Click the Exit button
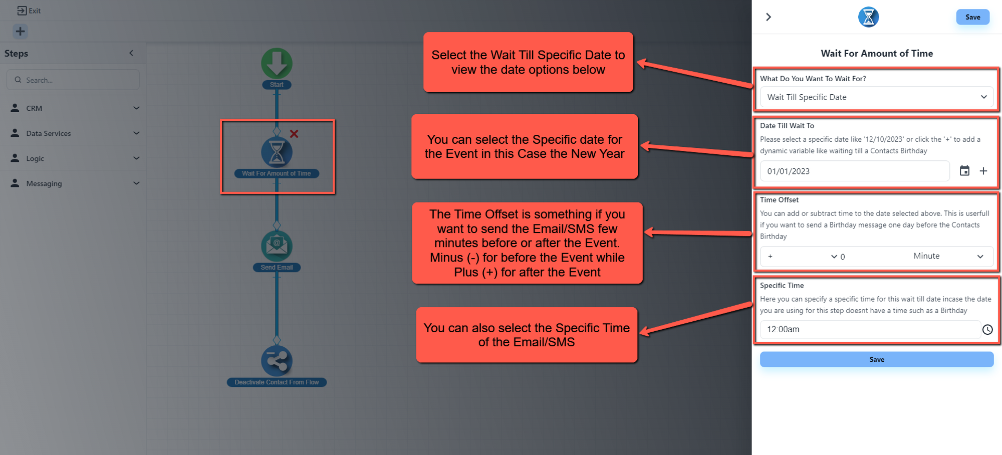click(29, 11)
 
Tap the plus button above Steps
click(20, 32)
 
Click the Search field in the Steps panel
click(73, 80)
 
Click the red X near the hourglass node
click(294, 134)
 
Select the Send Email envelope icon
click(277, 246)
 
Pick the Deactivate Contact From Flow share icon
click(277, 360)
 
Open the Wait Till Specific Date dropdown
click(876, 97)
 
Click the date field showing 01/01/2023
click(854, 171)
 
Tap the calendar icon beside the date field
click(964, 171)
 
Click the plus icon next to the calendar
click(983, 171)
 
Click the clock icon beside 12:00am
click(987, 329)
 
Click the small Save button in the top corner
click(972, 17)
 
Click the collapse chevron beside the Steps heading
click(131, 53)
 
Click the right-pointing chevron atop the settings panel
click(769, 17)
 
